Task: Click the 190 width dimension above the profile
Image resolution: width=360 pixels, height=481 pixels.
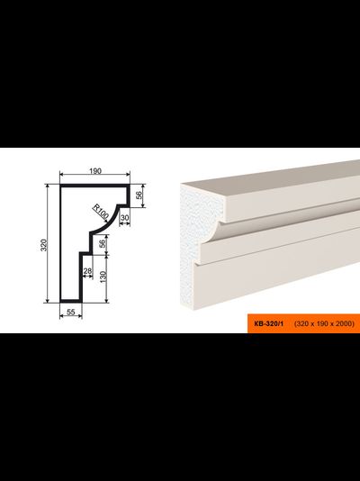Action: [x=95, y=171]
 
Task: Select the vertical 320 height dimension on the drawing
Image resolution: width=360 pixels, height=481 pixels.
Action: [x=44, y=245]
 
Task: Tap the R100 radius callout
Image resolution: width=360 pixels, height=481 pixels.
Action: [x=100, y=213]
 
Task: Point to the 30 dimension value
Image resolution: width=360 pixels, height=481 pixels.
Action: [x=125, y=217]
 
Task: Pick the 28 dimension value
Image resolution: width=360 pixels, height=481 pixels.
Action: [x=87, y=271]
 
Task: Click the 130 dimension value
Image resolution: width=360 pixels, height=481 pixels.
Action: [x=103, y=277]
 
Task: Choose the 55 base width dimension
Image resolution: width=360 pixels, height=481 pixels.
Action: [x=71, y=312]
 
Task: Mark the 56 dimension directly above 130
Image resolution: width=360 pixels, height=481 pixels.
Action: [x=103, y=243]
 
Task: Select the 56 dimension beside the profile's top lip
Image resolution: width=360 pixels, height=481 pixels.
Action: [x=139, y=195]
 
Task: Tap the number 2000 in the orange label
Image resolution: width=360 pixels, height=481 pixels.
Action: [x=345, y=323]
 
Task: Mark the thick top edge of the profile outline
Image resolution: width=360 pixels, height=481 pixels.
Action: [x=94, y=186]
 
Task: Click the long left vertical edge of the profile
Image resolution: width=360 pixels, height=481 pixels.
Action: [x=61, y=243]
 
